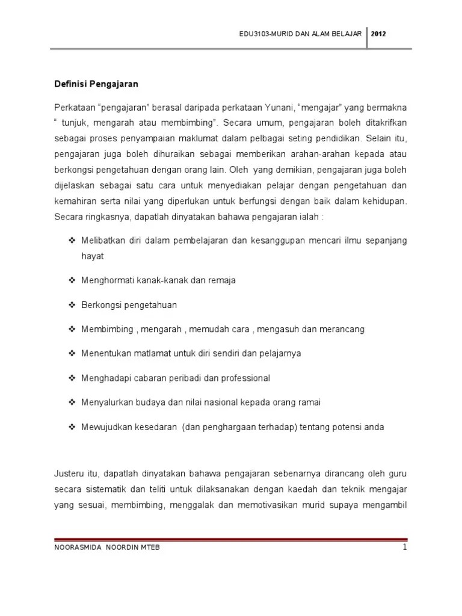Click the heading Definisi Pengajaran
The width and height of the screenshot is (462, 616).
96,84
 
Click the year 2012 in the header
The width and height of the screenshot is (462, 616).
378,34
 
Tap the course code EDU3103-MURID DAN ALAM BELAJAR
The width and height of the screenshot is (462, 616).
300,34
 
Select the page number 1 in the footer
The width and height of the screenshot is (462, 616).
405,547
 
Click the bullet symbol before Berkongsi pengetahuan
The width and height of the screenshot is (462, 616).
71,305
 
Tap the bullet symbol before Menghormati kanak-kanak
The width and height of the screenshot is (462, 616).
71,280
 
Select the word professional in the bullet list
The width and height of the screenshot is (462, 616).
241,378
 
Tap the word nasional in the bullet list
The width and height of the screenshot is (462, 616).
226,402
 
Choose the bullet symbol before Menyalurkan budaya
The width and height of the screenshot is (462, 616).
71,402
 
